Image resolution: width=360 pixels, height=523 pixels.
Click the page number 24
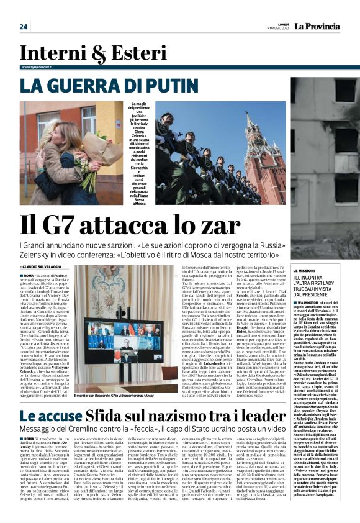click(23, 26)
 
